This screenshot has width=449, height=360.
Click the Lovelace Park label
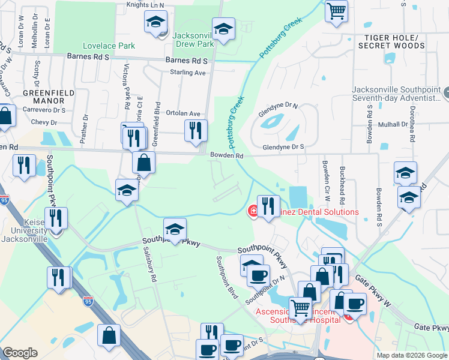(x=109, y=46)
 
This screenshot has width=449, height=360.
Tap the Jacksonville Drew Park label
(x=193, y=40)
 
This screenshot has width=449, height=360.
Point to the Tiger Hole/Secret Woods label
(x=391, y=41)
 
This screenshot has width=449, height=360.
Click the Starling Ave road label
(x=188, y=73)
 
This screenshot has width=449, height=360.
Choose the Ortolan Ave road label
(x=182, y=113)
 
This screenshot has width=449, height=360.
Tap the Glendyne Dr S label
(x=283, y=146)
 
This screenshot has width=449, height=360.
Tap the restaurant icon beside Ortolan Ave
(x=195, y=130)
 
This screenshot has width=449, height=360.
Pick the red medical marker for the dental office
(x=253, y=211)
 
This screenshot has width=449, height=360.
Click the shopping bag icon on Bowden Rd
(x=144, y=162)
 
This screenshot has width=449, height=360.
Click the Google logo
(x=20, y=353)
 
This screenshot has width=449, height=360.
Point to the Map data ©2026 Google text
(x=412, y=355)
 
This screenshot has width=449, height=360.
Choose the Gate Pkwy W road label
(x=373, y=290)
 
